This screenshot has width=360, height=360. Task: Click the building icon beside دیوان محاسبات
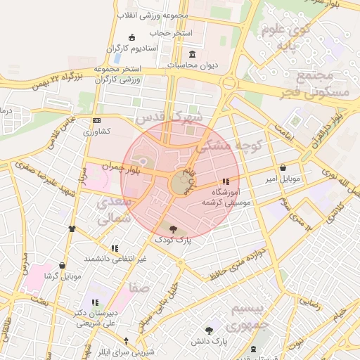click(193, 55)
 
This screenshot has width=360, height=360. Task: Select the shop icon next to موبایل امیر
click(283, 168)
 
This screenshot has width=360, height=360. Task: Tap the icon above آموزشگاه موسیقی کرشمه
click(225, 181)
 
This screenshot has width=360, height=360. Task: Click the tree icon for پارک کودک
click(173, 228)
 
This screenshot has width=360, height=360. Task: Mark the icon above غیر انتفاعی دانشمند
click(115, 247)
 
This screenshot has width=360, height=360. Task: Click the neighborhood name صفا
click(137, 287)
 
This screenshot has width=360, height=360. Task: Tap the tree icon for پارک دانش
click(209, 330)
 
